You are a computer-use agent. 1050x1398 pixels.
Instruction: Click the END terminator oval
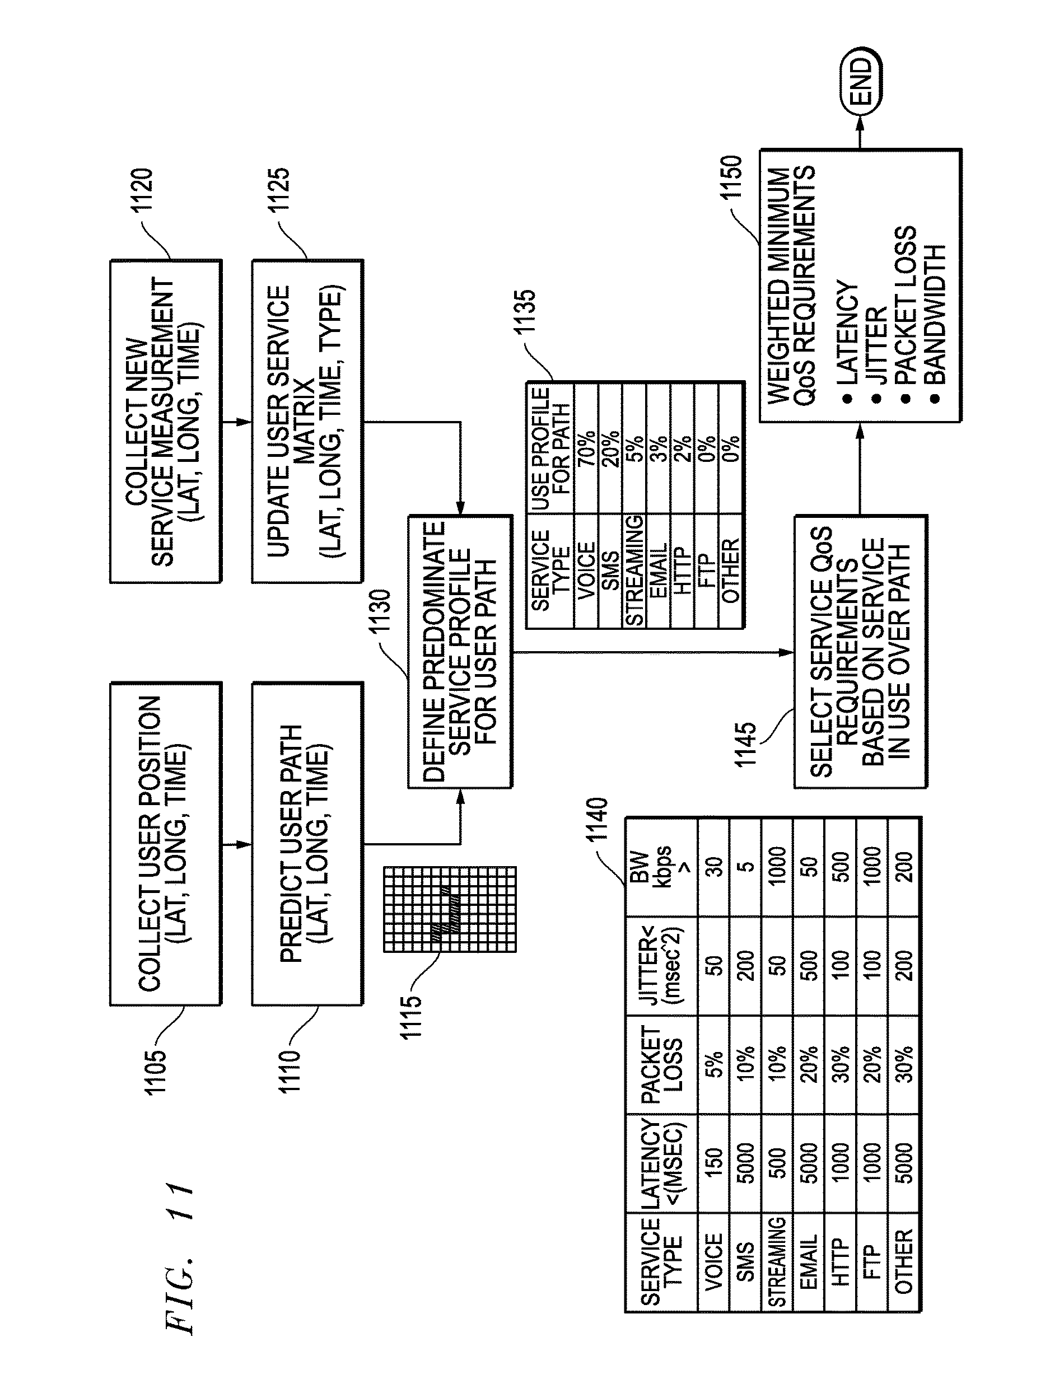point(860,82)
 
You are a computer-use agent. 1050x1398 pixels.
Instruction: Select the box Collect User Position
point(166,843)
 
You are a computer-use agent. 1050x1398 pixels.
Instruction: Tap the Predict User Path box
point(307,843)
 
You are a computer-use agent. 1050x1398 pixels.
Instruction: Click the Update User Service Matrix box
point(307,421)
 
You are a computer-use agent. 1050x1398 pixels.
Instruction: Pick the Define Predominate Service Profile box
point(460,652)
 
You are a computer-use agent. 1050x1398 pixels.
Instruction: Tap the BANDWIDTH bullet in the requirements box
point(934,315)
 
